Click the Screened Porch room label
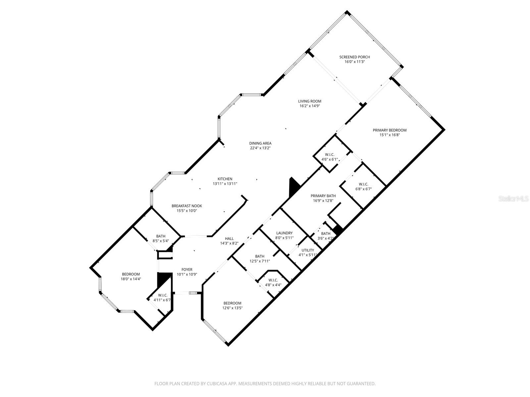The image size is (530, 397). click(354, 57)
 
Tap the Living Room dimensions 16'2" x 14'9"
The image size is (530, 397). click(309, 106)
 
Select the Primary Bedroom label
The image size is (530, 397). click(390, 130)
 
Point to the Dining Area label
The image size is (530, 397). click(260, 143)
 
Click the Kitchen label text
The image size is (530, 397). click(225, 179)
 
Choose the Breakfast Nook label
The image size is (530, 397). click(186, 206)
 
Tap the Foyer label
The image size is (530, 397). click(187, 270)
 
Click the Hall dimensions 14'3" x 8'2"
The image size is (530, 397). click(229, 243)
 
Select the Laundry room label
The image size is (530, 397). click(284, 233)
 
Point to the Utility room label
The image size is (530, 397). click(308, 250)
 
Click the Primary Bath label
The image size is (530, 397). click(323, 196)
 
